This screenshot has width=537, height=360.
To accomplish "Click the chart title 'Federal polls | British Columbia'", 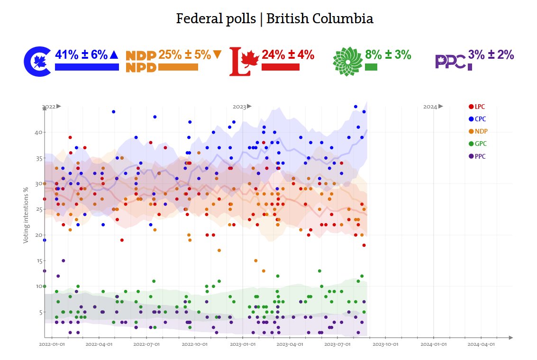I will coord(274,19).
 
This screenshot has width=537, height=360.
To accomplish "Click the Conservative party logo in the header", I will coord(37,61).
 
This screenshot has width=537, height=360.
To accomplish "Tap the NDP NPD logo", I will coord(141,62).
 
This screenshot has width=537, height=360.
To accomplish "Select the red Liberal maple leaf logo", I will coord(244,61).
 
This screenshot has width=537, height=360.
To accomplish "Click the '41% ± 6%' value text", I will coord(82,55).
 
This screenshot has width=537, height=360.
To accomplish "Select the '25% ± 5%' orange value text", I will coord(184,55).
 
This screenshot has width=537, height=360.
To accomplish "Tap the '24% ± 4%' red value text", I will coord(288,55).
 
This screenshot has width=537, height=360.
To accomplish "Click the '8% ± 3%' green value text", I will coord(388,55).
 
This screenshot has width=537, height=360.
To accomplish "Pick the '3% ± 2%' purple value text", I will coord(491,55).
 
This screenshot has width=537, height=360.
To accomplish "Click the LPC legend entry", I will coord(477,107).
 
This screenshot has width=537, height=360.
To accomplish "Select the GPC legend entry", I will coord(477,144).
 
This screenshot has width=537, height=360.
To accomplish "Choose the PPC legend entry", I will coord(477,156).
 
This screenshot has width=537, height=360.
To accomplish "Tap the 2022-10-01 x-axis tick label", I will coord(195,345).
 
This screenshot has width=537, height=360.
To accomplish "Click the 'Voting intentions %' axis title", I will coord(26,215).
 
